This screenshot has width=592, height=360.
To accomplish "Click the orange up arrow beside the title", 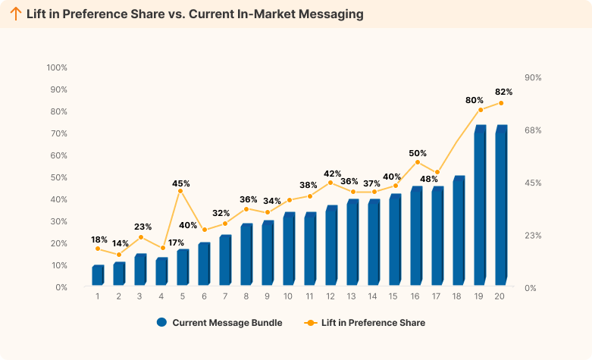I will pyautogui.click(x=15, y=14).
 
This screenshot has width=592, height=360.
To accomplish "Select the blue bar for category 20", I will pyautogui.click(x=501, y=206).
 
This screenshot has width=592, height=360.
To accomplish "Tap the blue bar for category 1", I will pyautogui.click(x=98, y=276).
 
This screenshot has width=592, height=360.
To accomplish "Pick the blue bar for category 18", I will pyautogui.click(x=459, y=231).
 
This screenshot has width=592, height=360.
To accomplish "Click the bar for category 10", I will pyautogui.click(x=289, y=249).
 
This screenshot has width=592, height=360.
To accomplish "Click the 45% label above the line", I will pyautogui.click(x=181, y=183).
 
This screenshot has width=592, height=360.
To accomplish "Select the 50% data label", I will pyautogui.click(x=418, y=153).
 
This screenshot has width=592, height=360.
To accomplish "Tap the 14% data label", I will pyautogui.click(x=121, y=243).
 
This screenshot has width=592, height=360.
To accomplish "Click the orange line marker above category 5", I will pyautogui.click(x=180, y=191).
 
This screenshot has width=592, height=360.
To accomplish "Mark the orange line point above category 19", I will pyautogui.click(x=481, y=110).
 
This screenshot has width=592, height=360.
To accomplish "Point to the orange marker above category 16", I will pyautogui.click(x=417, y=162).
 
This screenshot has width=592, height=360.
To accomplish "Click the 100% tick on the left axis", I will pyautogui.click(x=57, y=67).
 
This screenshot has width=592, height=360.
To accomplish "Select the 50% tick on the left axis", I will pyautogui.click(x=58, y=177).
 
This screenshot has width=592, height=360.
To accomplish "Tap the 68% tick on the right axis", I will pyautogui.click(x=532, y=130).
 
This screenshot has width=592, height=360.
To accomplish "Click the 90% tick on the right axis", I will pyautogui.click(x=532, y=78).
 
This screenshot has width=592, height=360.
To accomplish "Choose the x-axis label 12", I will pyautogui.click(x=330, y=296).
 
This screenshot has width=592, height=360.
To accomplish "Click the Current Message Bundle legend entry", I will pyautogui.click(x=220, y=323).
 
